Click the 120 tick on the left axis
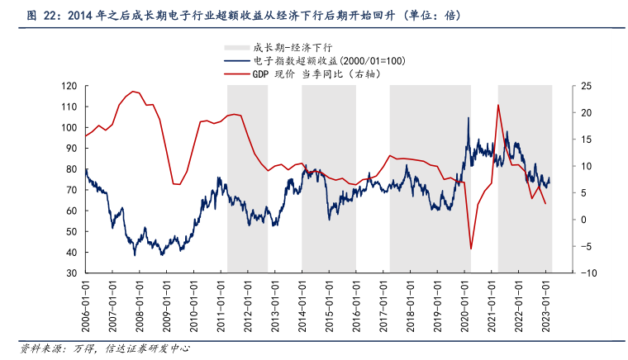(70, 86)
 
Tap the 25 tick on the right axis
(585, 86)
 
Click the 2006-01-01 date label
(85, 304)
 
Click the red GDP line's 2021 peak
(498, 105)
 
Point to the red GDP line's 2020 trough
(471, 249)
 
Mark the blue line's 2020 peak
(469, 118)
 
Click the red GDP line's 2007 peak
(134, 92)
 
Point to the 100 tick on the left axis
(70, 128)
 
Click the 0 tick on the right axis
(583, 220)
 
